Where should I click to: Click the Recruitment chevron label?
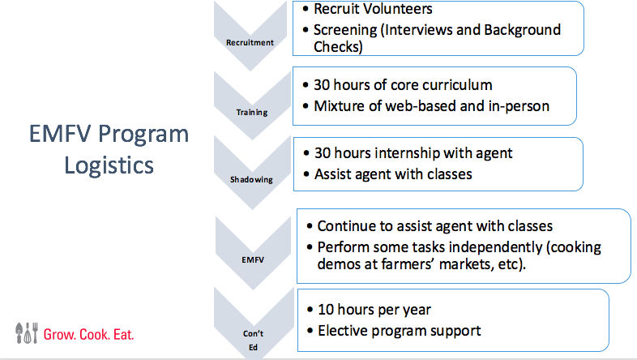coord(250,43)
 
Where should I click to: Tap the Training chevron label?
coord(252,113)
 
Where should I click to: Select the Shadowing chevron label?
coord(251,179)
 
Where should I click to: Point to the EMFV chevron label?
coord(253,259)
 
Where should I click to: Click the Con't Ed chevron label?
coord(253,341)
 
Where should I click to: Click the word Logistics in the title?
coord(109,165)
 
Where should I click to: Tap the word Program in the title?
coord(143,134)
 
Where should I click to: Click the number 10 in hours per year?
coord(326,310)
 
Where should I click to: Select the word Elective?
coord(343,331)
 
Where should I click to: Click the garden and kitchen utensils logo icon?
coord(27,333)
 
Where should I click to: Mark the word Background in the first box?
coord(523,30)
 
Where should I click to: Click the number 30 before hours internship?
coord(323,153)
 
